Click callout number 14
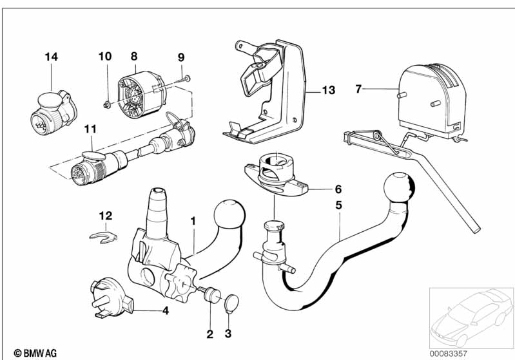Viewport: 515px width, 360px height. click(x=51, y=57)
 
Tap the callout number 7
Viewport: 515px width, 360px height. click(x=358, y=89)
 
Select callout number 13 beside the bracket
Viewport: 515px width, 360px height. click(x=329, y=90)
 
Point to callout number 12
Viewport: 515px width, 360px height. click(x=106, y=216)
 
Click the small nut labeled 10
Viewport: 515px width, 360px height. click(x=106, y=106)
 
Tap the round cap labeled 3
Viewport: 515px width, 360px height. click(x=231, y=303)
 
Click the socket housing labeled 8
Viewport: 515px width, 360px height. click(x=142, y=94)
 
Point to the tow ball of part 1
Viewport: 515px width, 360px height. click(x=229, y=214)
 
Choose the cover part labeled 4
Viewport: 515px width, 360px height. click(x=110, y=298)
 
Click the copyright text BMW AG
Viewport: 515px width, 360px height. click(x=35, y=353)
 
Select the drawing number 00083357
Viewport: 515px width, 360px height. click(x=449, y=354)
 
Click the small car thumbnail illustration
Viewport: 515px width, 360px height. click(x=471, y=317)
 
